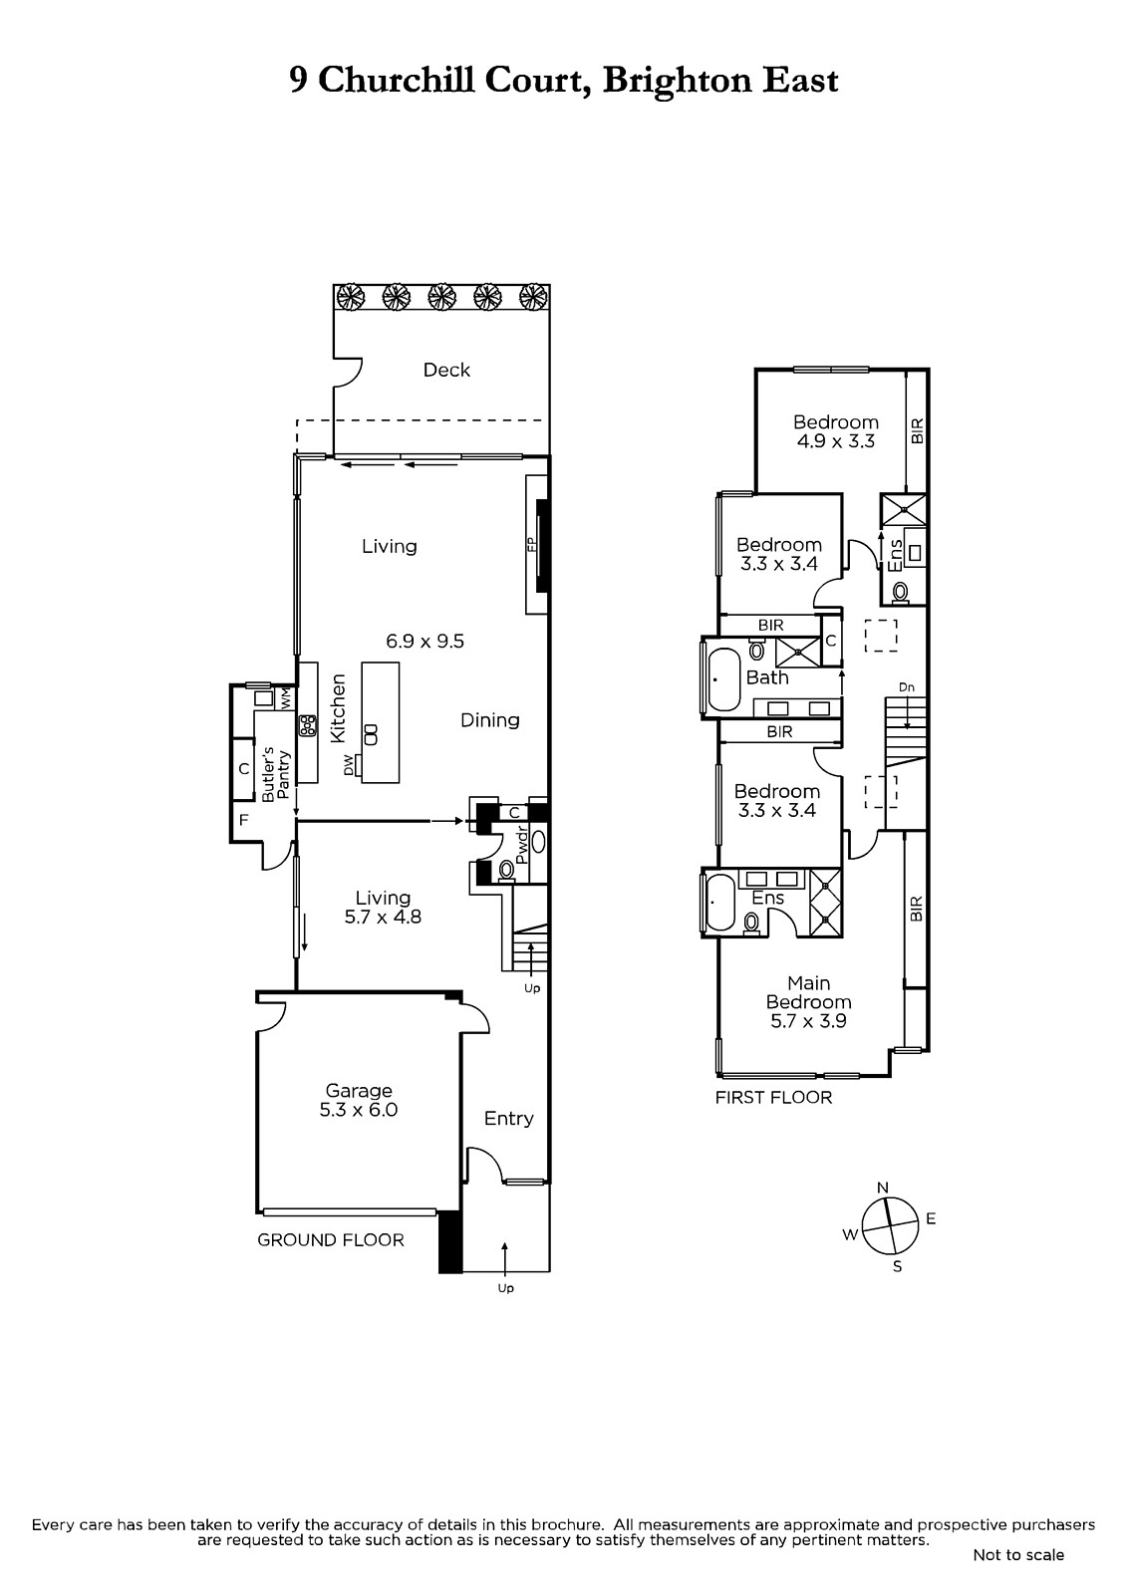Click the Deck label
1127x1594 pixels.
[x=446, y=370]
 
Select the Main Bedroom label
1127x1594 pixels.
[x=809, y=992]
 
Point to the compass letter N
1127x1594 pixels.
[x=883, y=1187]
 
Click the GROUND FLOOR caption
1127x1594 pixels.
[x=331, y=1240]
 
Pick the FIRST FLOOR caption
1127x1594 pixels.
[x=773, y=1097]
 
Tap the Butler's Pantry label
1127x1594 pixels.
[x=275, y=774]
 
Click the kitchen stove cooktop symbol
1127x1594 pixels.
[x=308, y=726]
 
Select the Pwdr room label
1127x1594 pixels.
[x=522, y=844]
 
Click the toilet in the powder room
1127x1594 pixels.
[x=506, y=870]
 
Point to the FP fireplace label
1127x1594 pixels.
[x=530, y=545]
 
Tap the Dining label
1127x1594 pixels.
[x=490, y=720]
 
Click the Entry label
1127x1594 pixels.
[x=508, y=1119]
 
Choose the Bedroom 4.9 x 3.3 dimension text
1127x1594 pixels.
[x=836, y=441]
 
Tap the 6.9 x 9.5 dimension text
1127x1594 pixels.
[x=425, y=642]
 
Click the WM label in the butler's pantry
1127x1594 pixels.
[x=286, y=698]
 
